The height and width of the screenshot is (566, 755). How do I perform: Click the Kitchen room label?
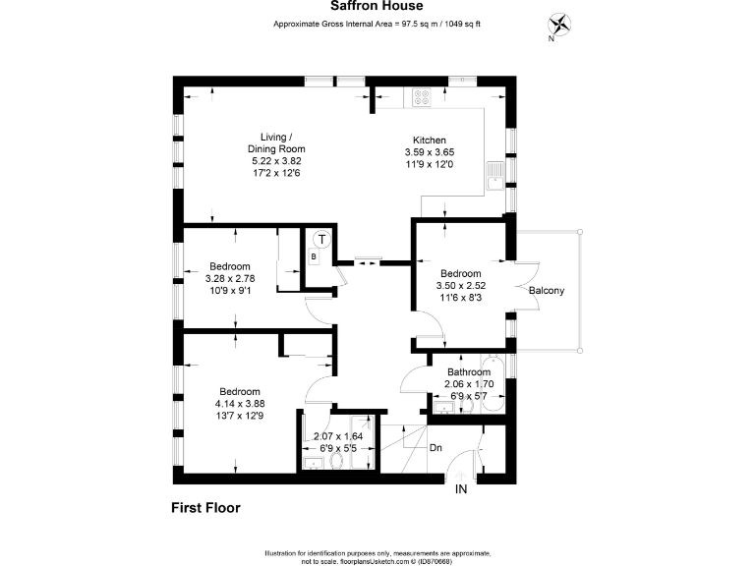point(430,141)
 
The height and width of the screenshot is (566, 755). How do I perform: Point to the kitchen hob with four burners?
point(423,96)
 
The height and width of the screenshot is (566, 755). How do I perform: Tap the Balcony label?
point(547,291)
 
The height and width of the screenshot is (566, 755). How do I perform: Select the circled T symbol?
point(320,239)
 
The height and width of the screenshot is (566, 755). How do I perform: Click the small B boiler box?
point(313,257)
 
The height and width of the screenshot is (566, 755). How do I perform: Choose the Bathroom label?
point(469,372)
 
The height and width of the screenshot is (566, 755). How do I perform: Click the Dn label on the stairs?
point(436,448)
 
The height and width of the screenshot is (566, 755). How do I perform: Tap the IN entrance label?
point(460,488)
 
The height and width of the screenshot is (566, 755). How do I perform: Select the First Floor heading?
point(200,508)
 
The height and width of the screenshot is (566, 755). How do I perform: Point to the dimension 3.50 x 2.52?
point(460,286)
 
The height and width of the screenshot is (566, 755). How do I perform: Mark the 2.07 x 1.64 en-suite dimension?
point(338,436)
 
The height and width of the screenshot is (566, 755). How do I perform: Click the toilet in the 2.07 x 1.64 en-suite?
point(338,461)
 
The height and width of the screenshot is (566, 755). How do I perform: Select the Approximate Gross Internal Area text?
point(377,26)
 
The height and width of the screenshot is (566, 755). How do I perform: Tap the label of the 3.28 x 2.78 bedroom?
point(229,266)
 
